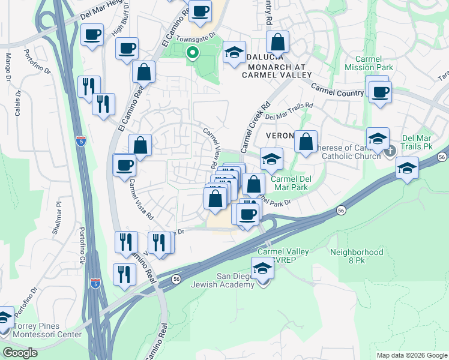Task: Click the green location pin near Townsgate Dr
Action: click(192, 53)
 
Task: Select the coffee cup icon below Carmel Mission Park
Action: click(379, 92)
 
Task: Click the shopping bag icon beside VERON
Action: click(306, 142)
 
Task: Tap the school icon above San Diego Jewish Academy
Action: click(262, 268)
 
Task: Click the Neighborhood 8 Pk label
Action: click(357, 257)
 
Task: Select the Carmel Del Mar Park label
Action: click(289, 183)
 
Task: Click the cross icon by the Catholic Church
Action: click(390, 150)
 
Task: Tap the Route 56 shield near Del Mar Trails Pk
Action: click(441, 157)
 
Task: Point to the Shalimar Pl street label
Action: click(58, 210)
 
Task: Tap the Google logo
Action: click(20, 352)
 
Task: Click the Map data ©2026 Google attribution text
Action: click(412, 355)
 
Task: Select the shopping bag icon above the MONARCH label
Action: click(277, 42)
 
